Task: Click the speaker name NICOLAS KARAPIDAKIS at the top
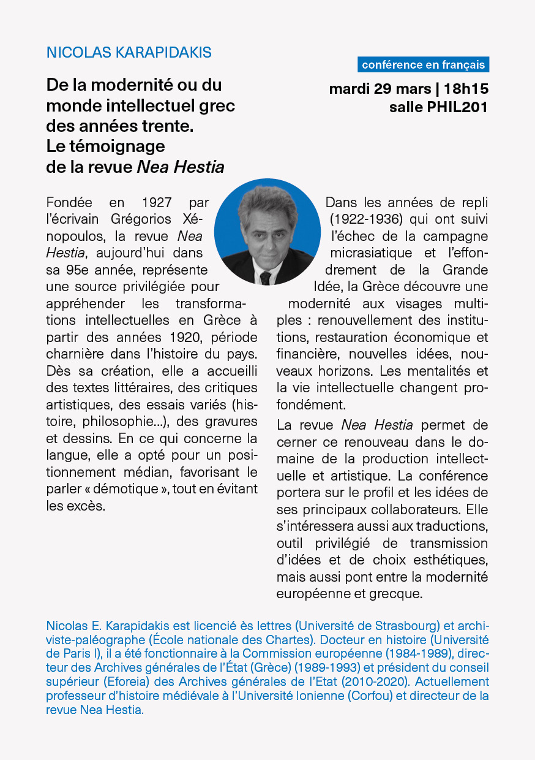[129, 53]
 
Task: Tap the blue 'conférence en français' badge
[423, 64]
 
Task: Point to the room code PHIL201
[455, 108]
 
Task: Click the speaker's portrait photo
[267, 232]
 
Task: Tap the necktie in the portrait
[265, 278]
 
